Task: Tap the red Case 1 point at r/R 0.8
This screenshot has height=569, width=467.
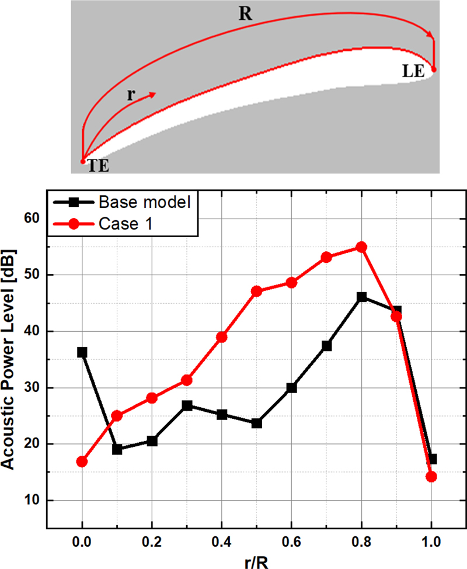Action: (x=361, y=247)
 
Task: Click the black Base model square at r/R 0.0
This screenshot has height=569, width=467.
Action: (x=82, y=352)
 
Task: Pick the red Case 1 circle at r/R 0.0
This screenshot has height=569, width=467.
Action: (x=82, y=462)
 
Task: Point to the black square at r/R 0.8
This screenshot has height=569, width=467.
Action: (x=362, y=297)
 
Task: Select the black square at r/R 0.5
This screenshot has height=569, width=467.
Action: (x=257, y=423)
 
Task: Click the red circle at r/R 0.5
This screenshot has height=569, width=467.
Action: (x=257, y=291)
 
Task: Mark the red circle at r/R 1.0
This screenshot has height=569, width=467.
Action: (x=431, y=477)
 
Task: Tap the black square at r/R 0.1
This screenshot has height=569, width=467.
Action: (x=117, y=449)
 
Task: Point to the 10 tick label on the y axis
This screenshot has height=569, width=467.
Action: (x=32, y=501)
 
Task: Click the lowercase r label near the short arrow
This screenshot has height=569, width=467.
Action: (x=131, y=95)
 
